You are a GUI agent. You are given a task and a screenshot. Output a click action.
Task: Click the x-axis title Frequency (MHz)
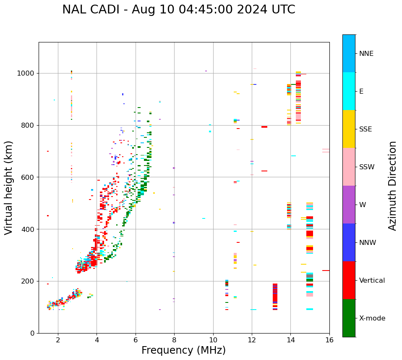pos(183,350)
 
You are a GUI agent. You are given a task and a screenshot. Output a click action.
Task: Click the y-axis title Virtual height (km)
pos(9,188)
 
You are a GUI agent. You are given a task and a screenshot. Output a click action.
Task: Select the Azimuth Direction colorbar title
pos(392,186)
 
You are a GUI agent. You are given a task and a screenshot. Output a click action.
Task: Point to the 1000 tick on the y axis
pos(26,73)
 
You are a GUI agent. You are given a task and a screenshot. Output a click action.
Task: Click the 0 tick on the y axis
pos(32,333)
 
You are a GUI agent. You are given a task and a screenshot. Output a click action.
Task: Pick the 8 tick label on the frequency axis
pos(174,340)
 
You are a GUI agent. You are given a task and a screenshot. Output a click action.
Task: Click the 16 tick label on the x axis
pos(329,340)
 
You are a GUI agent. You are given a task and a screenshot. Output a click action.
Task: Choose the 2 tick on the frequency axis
pos(58,340)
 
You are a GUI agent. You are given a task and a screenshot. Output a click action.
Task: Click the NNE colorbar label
pos(366,54)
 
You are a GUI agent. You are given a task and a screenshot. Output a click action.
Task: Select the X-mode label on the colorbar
pos(372,318)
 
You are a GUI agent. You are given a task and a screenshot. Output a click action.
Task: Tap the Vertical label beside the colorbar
pos(372,281)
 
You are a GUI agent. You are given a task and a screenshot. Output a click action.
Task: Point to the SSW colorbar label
pos(367,167)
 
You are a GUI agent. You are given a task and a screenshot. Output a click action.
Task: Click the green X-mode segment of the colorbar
pos(349,318)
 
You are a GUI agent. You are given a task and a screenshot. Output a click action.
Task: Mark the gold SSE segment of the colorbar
pos(349,129)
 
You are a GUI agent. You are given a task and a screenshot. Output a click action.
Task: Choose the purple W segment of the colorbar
pos(349,205)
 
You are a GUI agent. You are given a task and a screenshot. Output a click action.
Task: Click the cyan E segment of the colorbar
pos(349,91)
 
